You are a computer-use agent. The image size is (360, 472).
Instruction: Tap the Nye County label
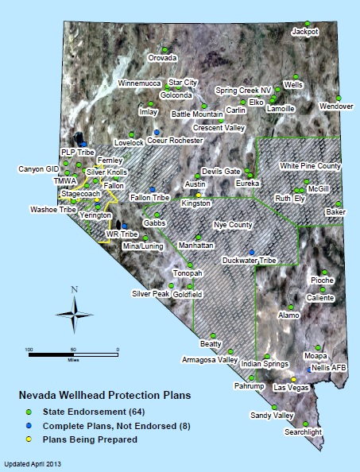(231, 226)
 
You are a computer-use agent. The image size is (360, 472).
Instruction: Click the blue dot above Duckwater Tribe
(252, 251)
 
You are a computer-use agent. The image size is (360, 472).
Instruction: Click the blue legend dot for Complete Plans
(29, 425)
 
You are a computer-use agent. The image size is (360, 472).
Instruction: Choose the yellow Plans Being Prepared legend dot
(29, 439)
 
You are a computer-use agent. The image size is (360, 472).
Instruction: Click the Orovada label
(163, 58)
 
